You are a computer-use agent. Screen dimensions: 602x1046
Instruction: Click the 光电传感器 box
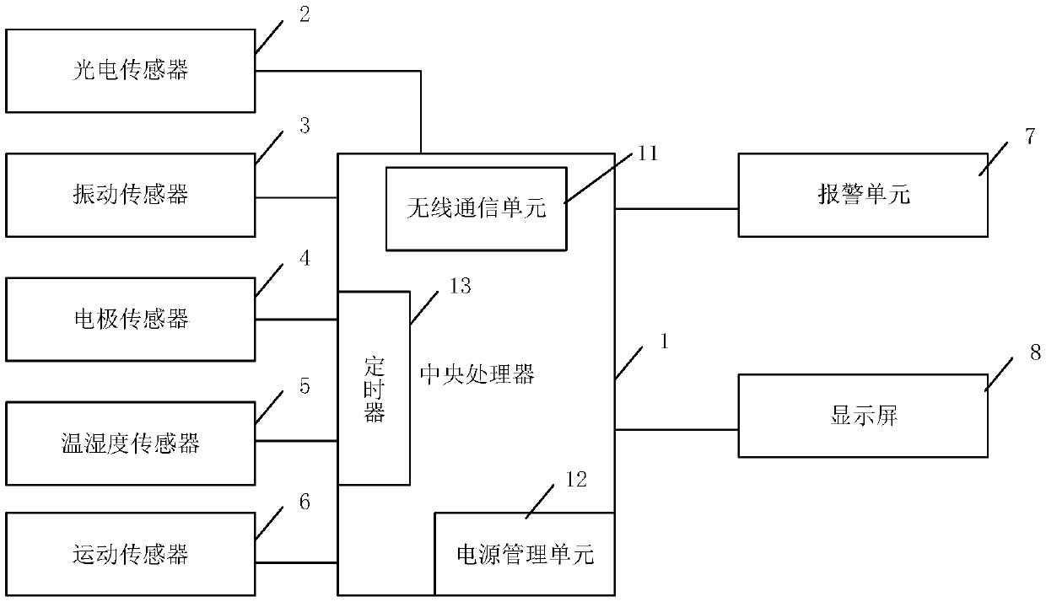[130, 71]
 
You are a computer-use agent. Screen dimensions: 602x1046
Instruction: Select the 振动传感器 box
[130, 195]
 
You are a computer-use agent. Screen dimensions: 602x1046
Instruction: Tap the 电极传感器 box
[130, 319]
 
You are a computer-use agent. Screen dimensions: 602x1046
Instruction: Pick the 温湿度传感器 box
[130, 443]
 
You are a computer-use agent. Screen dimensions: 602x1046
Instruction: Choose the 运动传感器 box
[130, 554]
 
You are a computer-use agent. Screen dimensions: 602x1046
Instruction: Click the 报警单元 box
[862, 195]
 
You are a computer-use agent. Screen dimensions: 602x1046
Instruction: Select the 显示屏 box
[862, 416]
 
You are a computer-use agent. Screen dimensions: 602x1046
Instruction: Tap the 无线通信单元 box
[476, 207]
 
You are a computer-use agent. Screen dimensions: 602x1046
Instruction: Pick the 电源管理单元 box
[524, 554]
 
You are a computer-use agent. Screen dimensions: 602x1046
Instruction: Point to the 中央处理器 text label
[477, 374]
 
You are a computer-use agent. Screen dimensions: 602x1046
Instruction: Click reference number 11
[648, 153]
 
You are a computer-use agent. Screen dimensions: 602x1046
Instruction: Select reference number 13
[460, 286]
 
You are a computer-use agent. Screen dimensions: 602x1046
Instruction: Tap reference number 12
[575, 480]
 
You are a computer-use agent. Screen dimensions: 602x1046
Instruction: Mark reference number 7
[1030, 137]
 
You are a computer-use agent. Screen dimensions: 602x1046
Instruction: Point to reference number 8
[1034, 353]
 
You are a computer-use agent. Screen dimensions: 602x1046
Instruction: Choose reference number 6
[304, 503]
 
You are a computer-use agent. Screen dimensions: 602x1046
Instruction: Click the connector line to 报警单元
[677, 208]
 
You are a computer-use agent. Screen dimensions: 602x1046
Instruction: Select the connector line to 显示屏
[677, 429]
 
